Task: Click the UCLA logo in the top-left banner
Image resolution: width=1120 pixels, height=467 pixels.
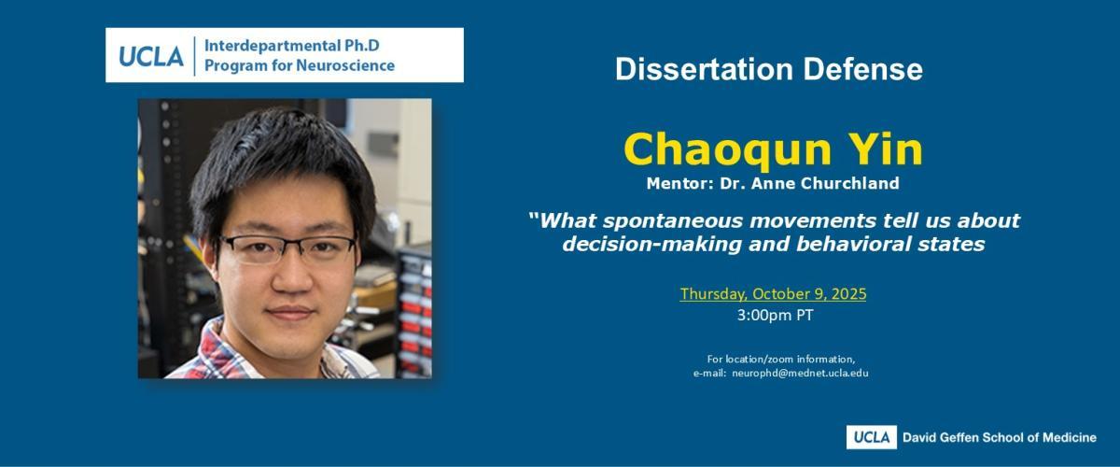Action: coord(151,56)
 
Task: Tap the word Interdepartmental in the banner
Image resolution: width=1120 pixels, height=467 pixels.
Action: coord(272,46)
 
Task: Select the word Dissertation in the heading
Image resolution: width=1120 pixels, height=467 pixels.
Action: coord(704,69)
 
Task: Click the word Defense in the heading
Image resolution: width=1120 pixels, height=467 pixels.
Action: coord(862,69)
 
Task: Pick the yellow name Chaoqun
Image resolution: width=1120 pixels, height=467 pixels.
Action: coord(727,150)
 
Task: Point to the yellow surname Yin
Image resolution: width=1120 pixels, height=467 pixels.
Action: coord(886,149)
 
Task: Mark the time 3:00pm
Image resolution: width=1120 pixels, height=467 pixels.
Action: coord(764,316)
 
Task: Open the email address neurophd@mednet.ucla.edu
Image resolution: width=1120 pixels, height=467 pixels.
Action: coord(800,373)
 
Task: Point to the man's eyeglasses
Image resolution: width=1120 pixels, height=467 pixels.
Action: coord(289,248)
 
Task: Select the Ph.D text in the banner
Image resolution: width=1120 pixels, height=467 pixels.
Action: coord(362,46)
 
